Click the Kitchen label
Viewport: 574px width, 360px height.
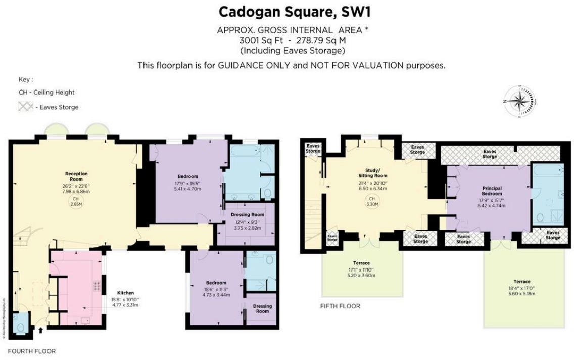(x=125, y=293)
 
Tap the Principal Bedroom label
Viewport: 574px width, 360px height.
(x=492, y=190)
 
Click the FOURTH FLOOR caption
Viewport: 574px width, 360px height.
(x=32, y=351)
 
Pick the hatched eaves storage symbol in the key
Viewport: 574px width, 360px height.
(x=26, y=107)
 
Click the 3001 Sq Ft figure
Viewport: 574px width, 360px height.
(x=260, y=40)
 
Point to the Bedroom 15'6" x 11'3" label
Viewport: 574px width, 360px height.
(x=216, y=288)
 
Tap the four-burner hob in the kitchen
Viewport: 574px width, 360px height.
(x=95, y=286)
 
